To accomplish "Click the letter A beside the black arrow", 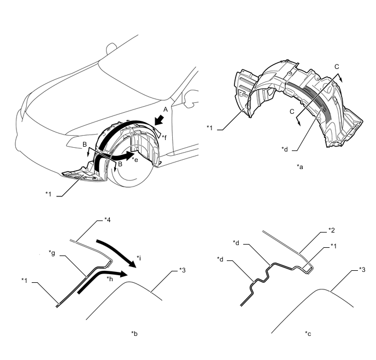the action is click(165, 109).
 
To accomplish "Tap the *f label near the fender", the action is click(164, 137).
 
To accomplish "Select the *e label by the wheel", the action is click(135, 159).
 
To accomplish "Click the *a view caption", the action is click(299, 166).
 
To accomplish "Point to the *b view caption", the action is click(134, 333).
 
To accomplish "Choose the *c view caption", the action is click(308, 334).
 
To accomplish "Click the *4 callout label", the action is click(108, 220).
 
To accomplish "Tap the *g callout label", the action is click(52, 253).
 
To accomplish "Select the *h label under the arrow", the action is click(110, 278).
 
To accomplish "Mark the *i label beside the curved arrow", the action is click(139, 258).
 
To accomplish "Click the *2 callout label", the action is click(332, 230).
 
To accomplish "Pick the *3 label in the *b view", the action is click(182, 270).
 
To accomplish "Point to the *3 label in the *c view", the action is click(362, 270).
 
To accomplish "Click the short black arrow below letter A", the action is click(159, 120).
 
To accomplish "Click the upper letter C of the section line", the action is click(337, 67).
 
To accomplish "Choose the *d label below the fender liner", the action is click(285, 149).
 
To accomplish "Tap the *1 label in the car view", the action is click(49, 194).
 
